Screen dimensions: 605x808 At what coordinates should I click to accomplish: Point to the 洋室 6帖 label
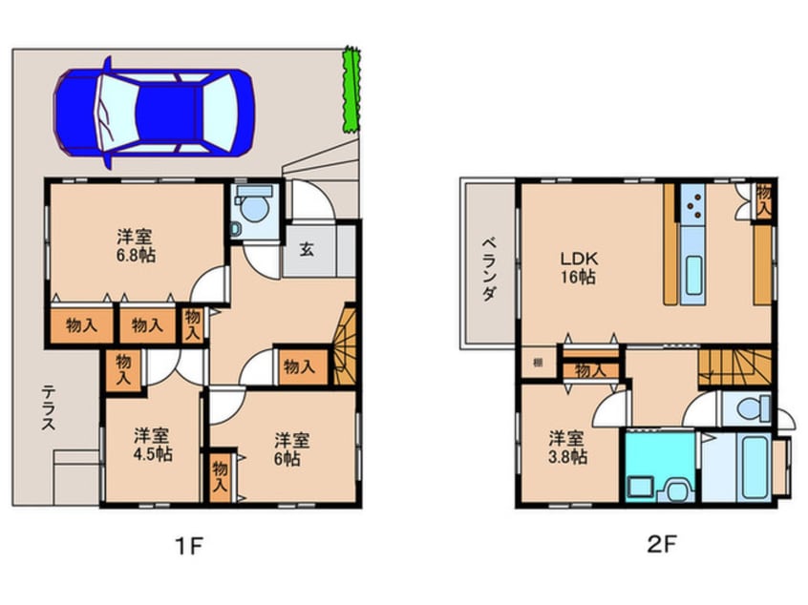coord(291,449)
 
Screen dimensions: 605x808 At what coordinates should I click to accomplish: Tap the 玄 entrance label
coord(308,251)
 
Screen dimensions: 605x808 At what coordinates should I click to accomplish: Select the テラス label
coord(46,408)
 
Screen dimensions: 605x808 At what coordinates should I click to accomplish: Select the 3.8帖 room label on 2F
coord(567,448)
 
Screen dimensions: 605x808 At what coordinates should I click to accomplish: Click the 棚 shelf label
coord(539,363)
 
